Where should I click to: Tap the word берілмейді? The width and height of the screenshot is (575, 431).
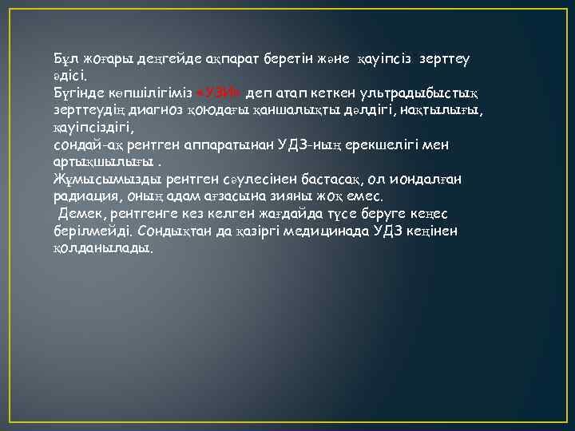(x=90, y=231)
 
